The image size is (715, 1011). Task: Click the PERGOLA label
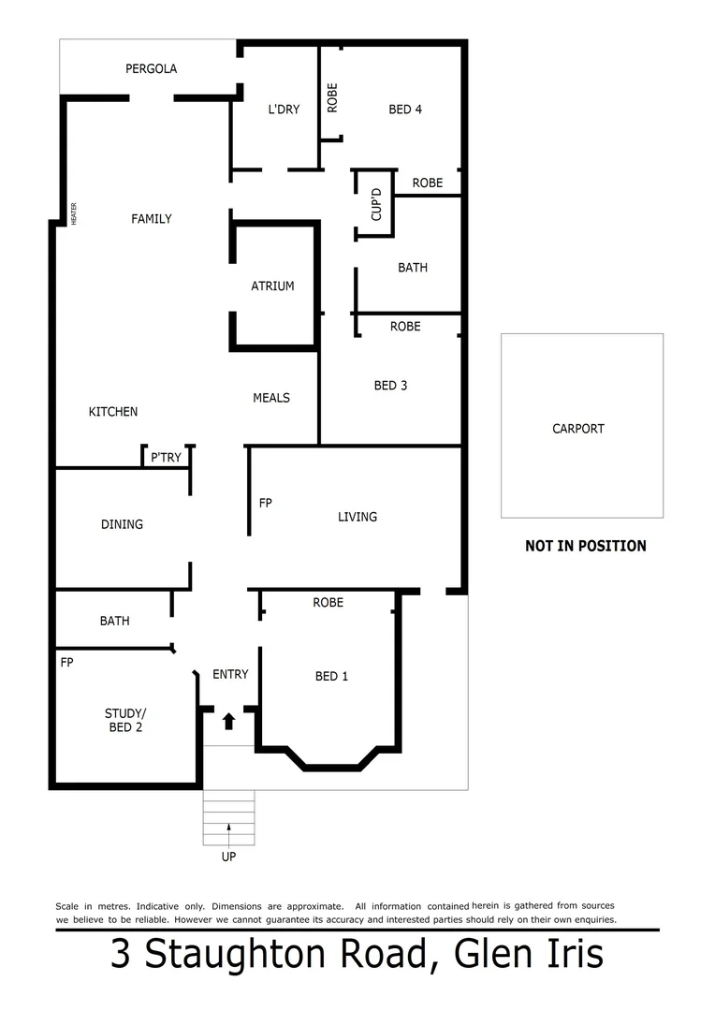coord(152,68)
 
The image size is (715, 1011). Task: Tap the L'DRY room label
coord(284,110)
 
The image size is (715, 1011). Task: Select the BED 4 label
coord(405,110)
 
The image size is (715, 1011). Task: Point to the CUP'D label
coord(376,204)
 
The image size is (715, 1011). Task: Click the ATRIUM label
coord(272,286)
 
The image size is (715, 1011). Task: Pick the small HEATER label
coord(73,214)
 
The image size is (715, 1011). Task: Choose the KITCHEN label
coord(113,412)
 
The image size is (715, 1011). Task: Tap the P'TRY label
coord(167,458)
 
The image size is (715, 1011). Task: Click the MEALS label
coord(271,398)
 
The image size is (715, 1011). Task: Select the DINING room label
coord(122,524)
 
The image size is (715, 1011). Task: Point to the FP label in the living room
coord(266,504)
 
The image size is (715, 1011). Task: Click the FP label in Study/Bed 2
coord(66,662)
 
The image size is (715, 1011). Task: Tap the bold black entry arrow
coord(229,721)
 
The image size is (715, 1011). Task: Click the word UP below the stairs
coord(229,857)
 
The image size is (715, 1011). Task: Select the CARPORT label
coord(578,429)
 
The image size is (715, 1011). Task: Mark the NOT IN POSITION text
coord(586,546)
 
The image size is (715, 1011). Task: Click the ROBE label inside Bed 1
coord(328,603)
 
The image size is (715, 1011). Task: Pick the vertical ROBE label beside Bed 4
coord(332,98)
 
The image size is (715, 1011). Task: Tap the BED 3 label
coord(390,386)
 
